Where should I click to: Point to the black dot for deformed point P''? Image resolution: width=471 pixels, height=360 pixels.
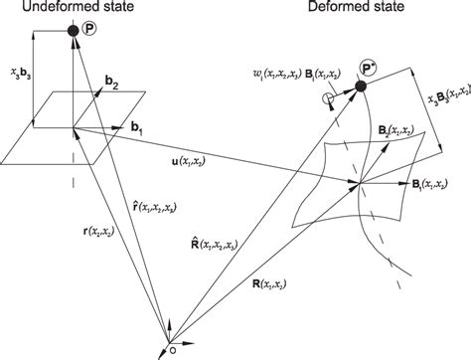click(360, 90)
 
